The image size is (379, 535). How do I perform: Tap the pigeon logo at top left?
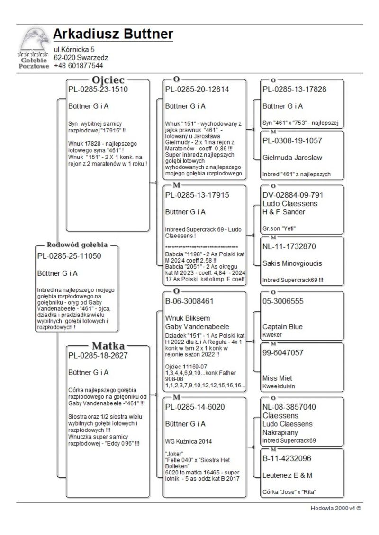[34, 47]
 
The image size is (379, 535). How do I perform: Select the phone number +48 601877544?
[78, 66]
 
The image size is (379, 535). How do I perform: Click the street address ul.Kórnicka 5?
[74, 49]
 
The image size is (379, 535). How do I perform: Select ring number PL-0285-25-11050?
[69, 256]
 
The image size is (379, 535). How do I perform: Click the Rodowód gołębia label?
[77, 245]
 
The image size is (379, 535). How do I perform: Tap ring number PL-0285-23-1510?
[98, 89]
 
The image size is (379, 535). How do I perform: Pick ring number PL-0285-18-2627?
[98, 356]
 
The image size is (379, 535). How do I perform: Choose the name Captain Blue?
[282, 327]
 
